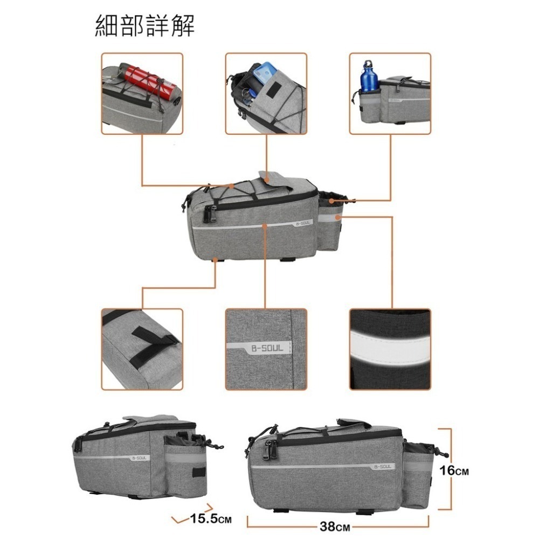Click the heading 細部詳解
pyautogui.click(x=144, y=25)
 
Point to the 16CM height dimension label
pyautogui.click(x=454, y=470)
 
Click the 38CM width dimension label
pyautogui.click(x=335, y=526)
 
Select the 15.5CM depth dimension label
pyautogui.click(x=211, y=519)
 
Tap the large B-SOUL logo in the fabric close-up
pyautogui.click(x=267, y=348)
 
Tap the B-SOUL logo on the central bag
pyautogui.click(x=302, y=223)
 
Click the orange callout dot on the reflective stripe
pyautogui.click(x=264, y=226)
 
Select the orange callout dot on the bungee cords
pyautogui.click(x=232, y=186)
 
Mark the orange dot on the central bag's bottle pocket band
pyautogui.click(x=337, y=217)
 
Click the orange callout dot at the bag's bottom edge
pyautogui.click(x=215, y=260)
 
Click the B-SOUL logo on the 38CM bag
pyautogui.click(x=382, y=466)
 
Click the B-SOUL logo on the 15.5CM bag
pyautogui.click(x=139, y=458)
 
